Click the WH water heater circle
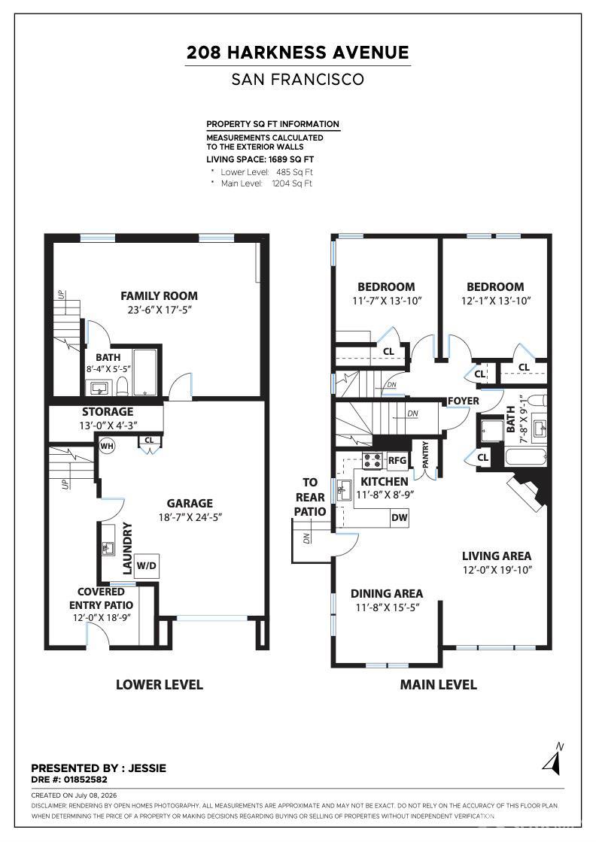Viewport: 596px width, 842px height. point(107,446)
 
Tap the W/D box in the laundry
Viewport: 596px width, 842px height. point(146,565)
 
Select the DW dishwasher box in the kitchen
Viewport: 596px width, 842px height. point(400,518)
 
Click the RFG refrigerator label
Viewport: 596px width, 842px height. point(397,460)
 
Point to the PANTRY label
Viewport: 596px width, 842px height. point(426,455)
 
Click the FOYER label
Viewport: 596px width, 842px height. point(464,401)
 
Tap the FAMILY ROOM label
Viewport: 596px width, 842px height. point(159,296)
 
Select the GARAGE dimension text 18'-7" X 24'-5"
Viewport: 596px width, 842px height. point(190,517)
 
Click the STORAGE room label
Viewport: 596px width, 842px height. point(108,412)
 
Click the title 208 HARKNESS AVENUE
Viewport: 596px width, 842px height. point(298,53)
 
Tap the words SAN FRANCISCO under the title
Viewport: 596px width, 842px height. point(298,80)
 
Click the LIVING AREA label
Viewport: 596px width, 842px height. point(497,556)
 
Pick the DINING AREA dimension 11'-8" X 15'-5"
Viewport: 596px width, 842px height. point(387,607)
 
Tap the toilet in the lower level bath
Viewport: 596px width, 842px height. point(122,385)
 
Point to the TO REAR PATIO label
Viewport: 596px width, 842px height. point(310,497)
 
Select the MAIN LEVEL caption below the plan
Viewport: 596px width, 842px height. point(439,685)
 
